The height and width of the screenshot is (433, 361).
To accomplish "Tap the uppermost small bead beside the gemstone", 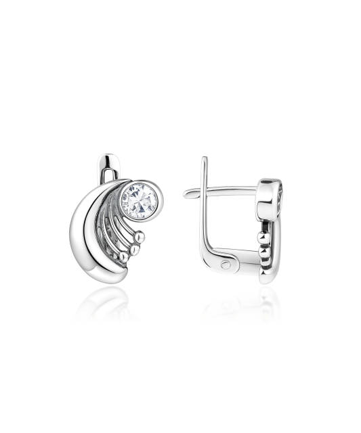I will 141,237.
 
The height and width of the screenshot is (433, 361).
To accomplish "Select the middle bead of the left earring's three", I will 134,250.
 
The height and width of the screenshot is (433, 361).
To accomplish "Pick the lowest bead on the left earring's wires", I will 124,256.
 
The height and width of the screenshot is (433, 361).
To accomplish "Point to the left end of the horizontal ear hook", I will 186,193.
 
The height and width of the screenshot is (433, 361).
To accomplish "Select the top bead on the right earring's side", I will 262,237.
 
